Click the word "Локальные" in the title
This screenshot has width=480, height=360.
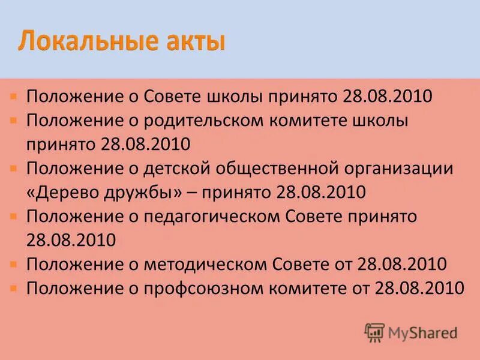(87, 43)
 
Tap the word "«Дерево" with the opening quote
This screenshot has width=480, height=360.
(61, 192)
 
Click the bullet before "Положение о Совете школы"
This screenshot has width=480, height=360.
(13, 96)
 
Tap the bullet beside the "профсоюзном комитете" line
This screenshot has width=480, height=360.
(13, 287)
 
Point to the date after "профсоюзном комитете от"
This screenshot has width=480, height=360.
(419, 288)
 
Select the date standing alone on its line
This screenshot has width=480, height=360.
(71, 240)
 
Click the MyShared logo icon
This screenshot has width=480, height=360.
(374, 332)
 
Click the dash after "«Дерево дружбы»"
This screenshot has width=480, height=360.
(194, 192)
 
